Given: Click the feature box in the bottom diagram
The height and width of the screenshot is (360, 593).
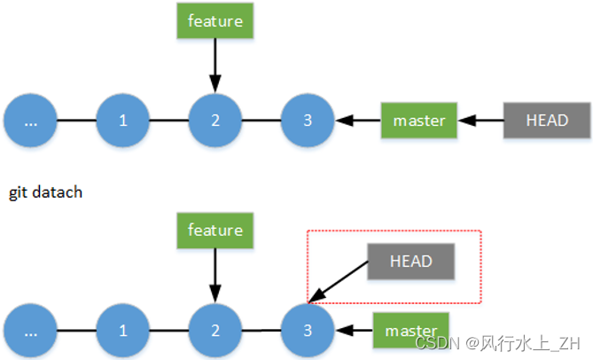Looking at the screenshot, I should point(215,230).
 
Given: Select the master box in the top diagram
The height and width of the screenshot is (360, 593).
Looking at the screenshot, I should point(418,120).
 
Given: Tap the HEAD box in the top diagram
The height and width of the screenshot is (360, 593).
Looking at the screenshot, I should point(546,120).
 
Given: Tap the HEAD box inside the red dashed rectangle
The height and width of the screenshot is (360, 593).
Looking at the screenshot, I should point(411,262).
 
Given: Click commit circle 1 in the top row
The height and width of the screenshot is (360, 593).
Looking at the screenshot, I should point(122,120).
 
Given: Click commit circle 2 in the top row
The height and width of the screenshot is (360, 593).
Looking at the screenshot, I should point(215,120).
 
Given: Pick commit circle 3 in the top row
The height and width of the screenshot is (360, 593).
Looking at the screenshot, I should point(308,120).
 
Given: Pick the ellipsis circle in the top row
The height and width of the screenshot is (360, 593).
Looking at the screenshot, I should point(30,120).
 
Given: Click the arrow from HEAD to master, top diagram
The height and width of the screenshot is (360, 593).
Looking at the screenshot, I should point(480,120).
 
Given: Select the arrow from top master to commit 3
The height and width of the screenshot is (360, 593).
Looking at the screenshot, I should point(358,120).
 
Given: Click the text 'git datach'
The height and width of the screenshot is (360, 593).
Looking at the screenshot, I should point(45,192).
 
